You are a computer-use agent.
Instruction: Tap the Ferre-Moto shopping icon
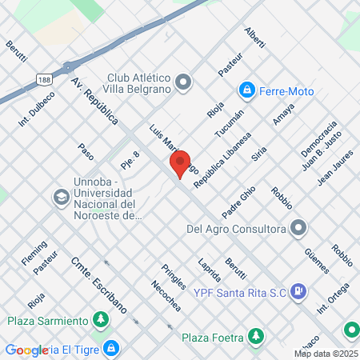[248, 89]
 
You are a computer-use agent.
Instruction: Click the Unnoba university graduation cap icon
[61, 197]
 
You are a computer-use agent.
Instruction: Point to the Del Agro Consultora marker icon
[298, 229]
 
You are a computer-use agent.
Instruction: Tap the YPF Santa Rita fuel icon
[297, 292]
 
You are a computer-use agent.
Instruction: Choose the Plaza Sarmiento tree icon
[101, 321]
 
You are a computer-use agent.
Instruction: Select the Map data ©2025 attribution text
[326, 354]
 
